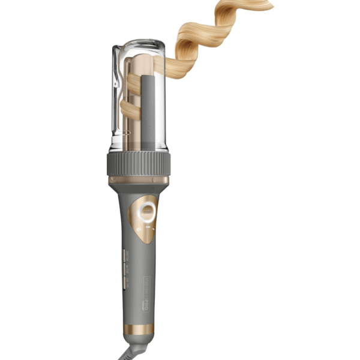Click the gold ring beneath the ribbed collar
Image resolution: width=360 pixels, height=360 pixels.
[x=138, y=179]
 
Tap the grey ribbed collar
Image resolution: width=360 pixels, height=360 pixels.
[x=138, y=163]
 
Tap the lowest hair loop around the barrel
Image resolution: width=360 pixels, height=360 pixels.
[x=128, y=108]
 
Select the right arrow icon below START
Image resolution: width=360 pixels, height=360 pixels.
[x=153, y=229]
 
